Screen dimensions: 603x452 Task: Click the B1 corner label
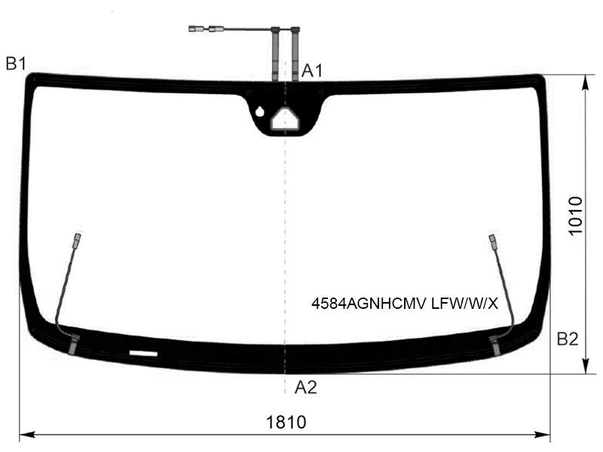(x=16, y=63)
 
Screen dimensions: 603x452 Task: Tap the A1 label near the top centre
(x=312, y=71)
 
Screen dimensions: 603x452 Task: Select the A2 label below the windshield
(x=306, y=387)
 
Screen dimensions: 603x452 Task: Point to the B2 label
(x=568, y=339)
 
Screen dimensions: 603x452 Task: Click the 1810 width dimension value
(x=286, y=422)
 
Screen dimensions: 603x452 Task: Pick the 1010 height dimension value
(x=576, y=215)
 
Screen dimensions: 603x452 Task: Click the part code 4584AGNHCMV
(x=369, y=304)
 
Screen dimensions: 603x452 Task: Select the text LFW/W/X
(x=464, y=304)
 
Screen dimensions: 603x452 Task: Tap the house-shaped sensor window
(x=286, y=118)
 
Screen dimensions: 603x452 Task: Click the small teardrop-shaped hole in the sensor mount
(x=260, y=111)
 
